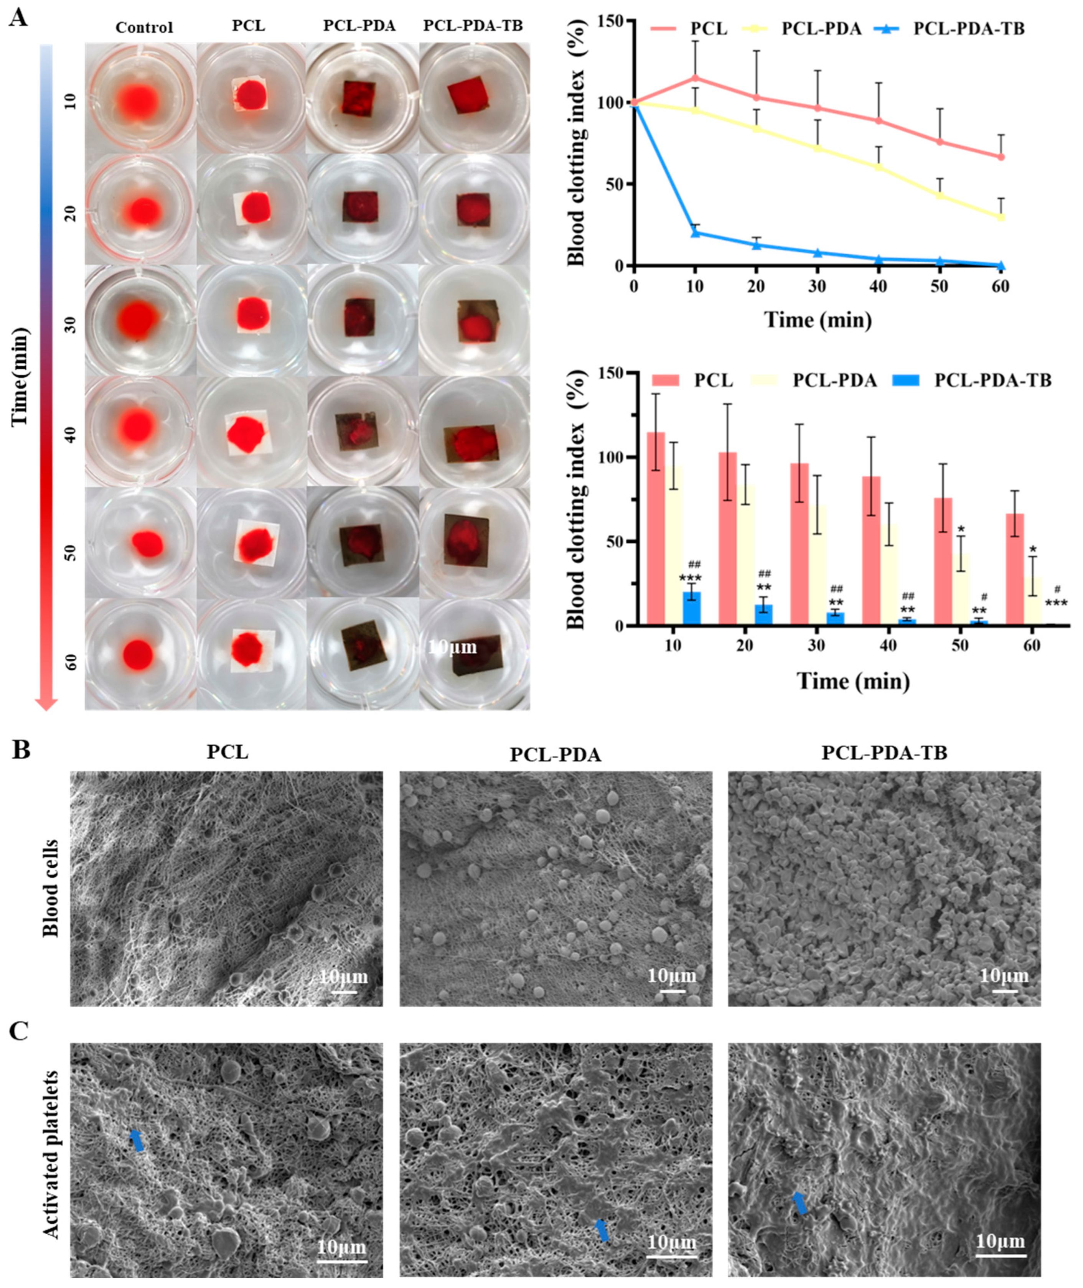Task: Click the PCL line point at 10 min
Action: click(695, 78)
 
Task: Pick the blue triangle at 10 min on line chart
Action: click(695, 233)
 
